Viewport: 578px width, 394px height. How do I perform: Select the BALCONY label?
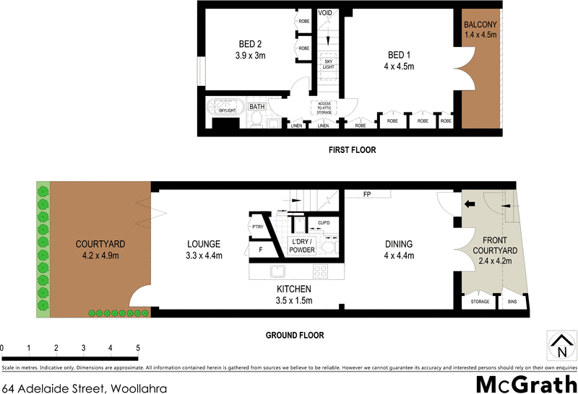480,28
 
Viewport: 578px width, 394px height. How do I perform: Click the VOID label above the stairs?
327,13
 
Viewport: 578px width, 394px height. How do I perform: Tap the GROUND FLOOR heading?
294,336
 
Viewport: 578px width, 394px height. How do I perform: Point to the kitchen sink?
278,271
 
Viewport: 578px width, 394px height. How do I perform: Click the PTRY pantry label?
256,227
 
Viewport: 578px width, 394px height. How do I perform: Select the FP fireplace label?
367,194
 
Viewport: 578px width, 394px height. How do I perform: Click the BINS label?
512,302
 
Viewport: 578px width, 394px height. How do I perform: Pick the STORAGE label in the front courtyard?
479,302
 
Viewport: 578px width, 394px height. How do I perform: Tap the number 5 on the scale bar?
137,348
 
